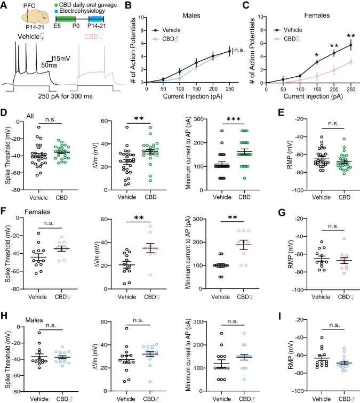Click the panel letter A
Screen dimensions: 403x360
click(5, 6)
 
